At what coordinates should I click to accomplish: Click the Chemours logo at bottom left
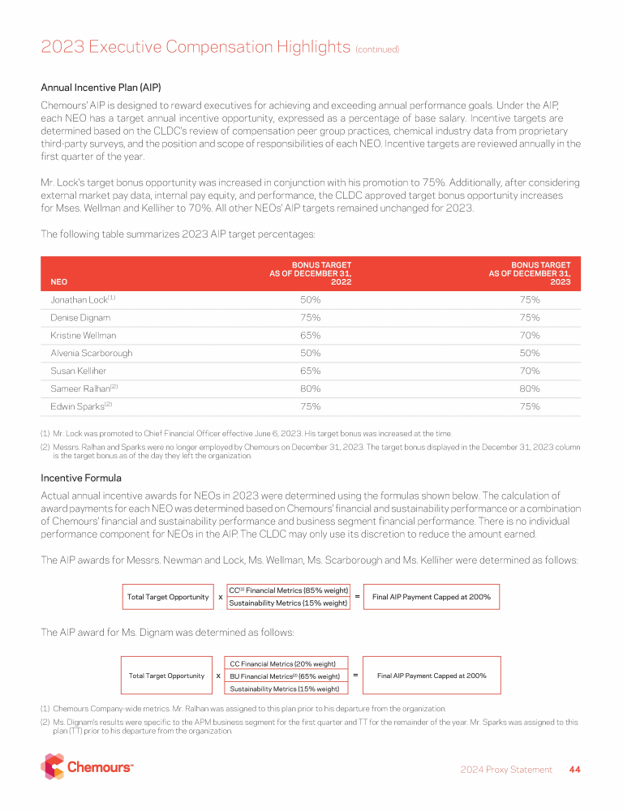(x=87, y=766)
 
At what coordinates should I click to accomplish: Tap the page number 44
(x=574, y=770)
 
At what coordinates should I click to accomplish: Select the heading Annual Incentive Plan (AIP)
(x=99, y=87)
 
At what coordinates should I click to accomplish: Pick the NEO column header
(x=58, y=282)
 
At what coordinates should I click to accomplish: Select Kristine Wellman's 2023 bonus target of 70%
(x=530, y=335)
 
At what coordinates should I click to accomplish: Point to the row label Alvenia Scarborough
(x=91, y=354)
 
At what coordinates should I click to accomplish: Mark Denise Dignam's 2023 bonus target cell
(x=530, y=318)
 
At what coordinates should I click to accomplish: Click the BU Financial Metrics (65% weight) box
(x=285, y=676)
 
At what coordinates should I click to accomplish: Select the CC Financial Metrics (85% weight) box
(x=288, y=590)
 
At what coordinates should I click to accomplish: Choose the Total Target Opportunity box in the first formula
(x=168, y=597)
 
